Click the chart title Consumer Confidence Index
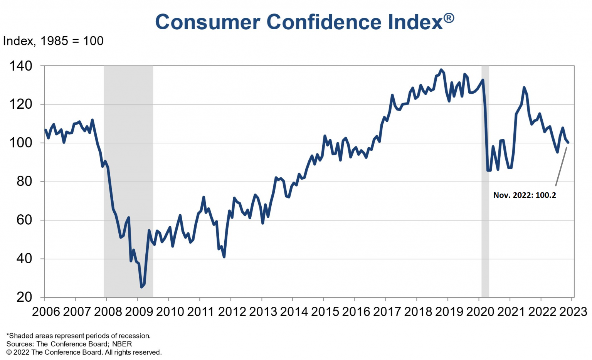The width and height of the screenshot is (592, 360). (x=299, y=22)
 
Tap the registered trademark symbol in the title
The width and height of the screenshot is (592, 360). (x=449, y=18)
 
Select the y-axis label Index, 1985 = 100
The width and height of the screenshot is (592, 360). (x=53, y=41)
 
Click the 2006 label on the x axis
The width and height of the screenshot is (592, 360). (x=46, y=311)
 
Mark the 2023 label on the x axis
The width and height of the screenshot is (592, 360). (x=573, y=311)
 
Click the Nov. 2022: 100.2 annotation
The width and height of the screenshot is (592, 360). (x=525, y=195)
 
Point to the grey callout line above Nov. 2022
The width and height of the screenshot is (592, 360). (x=561, y=166)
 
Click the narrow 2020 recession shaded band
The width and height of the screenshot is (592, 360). (x=485, y=181)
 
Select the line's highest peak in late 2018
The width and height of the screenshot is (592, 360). (x=441, y=70)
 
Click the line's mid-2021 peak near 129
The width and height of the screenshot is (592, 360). (x=524, y=87)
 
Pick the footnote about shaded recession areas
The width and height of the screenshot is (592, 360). (x=79, y=336)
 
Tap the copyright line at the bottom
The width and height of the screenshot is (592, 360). (x=84, y=352)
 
